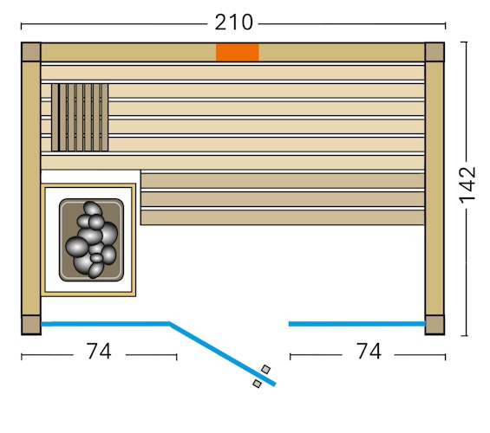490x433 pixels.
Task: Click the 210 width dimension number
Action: tap(233, 22)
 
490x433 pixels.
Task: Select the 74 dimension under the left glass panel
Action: tap(99, 352)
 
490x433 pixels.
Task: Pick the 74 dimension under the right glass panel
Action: tap(368, 352)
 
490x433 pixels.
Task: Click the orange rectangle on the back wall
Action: tap(237, 52)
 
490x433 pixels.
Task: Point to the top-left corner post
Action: tap(30, 52)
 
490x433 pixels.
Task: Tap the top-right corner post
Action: tap(434, 52)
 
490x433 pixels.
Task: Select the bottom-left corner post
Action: tap(30, 324)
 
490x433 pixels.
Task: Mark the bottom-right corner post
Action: tap(434, 324)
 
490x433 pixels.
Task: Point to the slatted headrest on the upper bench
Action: tap(79, 118)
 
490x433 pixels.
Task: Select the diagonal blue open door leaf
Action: tap(222, 353)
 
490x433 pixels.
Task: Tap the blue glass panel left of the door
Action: tap(105, 324)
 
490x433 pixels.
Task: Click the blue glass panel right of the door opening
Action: tap(356, 324)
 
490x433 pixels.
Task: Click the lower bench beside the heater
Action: tap(282, 199)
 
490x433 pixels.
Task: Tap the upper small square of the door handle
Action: tap(265, 370)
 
